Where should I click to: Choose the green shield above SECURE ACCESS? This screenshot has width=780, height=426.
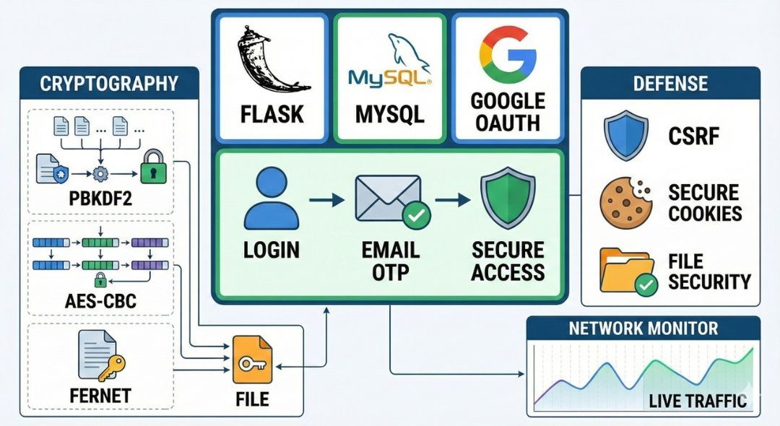[x=507, y=199]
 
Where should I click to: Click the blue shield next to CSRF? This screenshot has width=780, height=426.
[x=625, y=135]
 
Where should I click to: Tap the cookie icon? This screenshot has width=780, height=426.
[x=625, y=203]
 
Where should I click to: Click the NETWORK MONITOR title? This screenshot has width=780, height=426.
[x=643, y=329]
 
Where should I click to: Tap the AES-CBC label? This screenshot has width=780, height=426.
[x=101, y=300]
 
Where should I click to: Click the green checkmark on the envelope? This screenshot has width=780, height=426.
[x=416, y=214]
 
